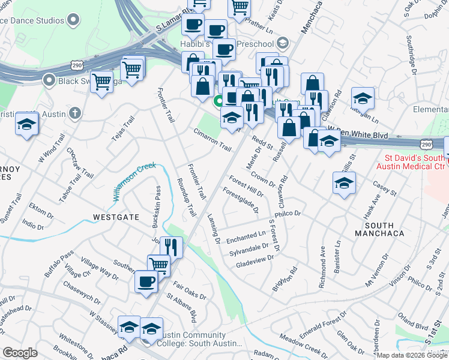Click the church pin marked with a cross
74,112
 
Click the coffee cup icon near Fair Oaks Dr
146,281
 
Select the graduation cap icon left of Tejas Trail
27,124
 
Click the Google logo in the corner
20,353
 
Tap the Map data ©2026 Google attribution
412,355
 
